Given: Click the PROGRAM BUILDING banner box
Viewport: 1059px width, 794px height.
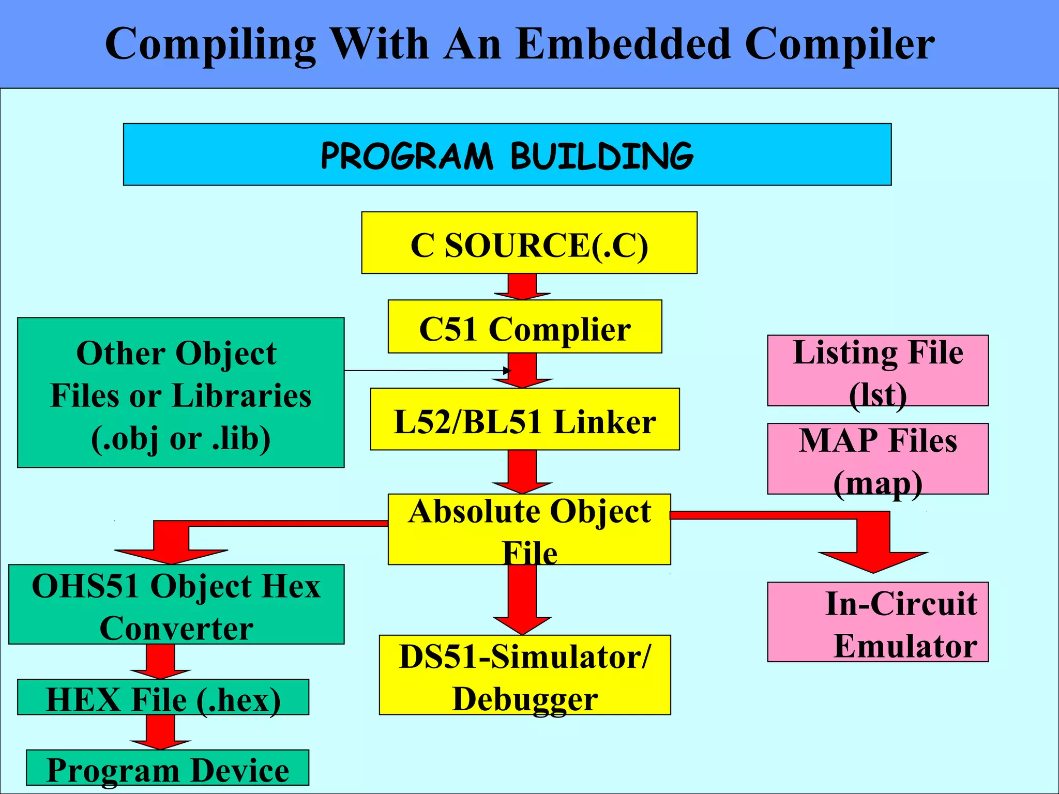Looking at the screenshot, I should click(x=507, y=154).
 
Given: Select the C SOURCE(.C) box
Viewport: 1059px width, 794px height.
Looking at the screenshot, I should click(x=529, y=242).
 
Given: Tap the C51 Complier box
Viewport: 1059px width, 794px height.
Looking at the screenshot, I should click(x=524, y=327).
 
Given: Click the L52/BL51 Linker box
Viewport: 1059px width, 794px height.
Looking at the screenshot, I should click(x=524, y=419).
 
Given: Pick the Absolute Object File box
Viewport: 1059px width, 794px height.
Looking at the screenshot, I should click(x=529, y=529).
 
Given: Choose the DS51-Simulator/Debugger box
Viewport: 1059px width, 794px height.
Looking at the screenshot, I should click(x=524, y=675).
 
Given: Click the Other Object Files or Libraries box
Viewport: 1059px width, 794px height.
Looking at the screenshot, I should click(x=180, y=393).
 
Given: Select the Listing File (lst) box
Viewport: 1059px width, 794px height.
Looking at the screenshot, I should click(x=878, y=370).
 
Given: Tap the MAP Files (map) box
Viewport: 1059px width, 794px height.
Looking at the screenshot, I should click(x=878, y=459).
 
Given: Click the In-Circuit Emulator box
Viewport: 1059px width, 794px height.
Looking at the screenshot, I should click(x=878, y=622).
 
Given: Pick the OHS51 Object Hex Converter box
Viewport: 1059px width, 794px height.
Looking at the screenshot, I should click(x=176, y=604).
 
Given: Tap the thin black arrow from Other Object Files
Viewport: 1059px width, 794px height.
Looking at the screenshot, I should click(x=424, y=371).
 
